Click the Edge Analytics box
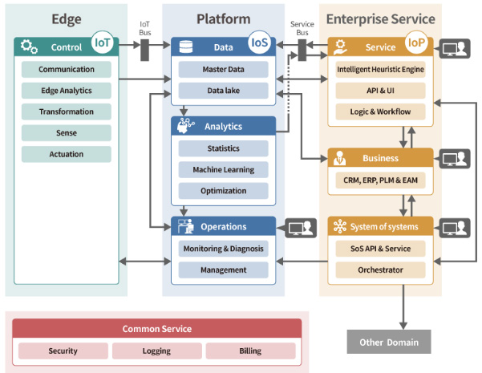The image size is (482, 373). tap(67, 91)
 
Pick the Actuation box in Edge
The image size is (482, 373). tap(67, 154)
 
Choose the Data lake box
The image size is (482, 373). tap(223, 91)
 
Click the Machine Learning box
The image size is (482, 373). tap(223, 169)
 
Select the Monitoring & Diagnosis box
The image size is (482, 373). tap(223, 249)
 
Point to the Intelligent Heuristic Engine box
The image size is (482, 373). tap(380, 70)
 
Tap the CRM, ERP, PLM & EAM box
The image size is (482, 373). tap(380, 180)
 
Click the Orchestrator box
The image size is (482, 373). tap(380, 270)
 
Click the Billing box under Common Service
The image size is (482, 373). tap(250, 351)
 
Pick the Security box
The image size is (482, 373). tap(63, 351)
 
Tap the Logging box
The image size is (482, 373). tap(156, 351)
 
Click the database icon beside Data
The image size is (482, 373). tap(185, 47)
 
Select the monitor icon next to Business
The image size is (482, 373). tap(455, 158)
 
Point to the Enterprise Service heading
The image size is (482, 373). tap(380, 18)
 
